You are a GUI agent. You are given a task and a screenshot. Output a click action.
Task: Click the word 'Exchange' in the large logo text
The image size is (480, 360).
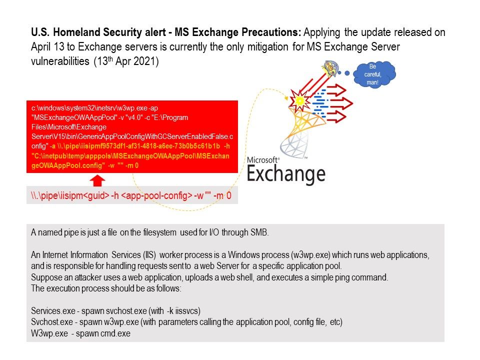286,173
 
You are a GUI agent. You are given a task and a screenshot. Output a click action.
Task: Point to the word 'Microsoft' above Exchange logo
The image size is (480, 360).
263,159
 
